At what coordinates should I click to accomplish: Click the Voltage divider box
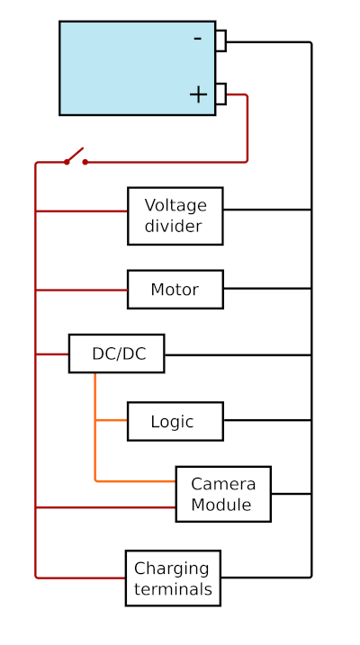175,216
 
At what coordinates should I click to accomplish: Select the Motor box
175,290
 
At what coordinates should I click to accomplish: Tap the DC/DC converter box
116,354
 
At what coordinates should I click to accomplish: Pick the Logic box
175,421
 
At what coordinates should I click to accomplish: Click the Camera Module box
222,494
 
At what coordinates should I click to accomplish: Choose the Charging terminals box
173,578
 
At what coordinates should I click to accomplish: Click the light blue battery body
126,67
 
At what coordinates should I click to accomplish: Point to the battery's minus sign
197,39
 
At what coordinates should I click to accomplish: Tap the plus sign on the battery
198,94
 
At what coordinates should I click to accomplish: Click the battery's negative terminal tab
220,40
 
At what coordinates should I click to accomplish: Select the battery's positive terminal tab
220,94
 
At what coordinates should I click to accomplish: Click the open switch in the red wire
76,157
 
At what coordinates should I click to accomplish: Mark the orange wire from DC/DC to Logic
111,420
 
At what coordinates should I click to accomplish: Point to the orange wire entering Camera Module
135,481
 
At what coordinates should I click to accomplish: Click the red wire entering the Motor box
81,290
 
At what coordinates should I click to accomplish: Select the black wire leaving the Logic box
266,420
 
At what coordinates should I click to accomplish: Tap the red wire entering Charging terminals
81,578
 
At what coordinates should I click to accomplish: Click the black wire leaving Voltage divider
266,210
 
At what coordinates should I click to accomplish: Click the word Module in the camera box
221,505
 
